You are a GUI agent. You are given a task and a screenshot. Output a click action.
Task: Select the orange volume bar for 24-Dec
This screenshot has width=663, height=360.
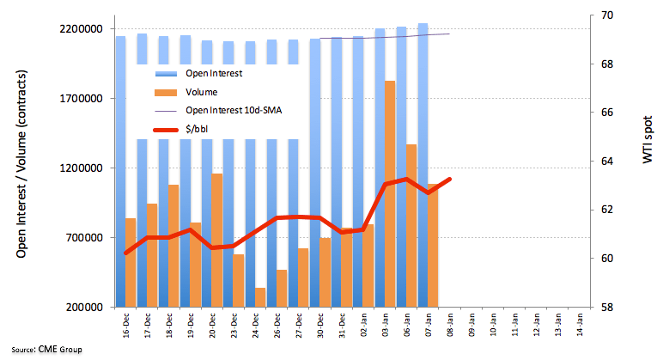pos(259,297)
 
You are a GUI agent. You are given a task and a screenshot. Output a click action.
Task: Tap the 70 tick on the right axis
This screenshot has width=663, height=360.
pos(606,15)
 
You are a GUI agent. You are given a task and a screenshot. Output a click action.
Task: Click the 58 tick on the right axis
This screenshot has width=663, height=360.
pos(606,307)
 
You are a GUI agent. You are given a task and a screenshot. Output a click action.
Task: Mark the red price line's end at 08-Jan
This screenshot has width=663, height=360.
pos(449,179)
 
